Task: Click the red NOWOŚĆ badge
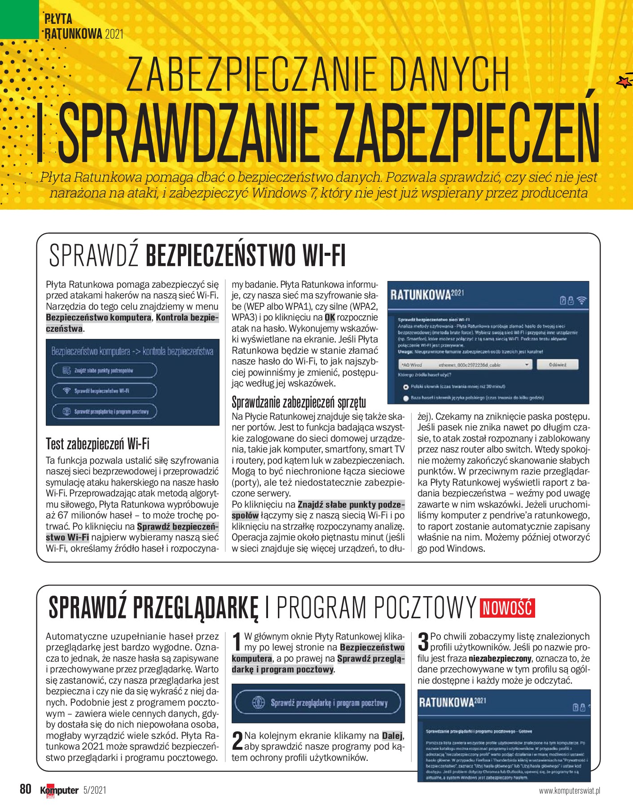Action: pyautogui.click(x=507, y=608)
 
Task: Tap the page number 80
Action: pyautogui.click(x=26, y=789)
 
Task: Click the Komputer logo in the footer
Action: pyautogui.click(x=59, y=790)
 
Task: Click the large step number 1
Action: pyautogui.click(x=238, y=642)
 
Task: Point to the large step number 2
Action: pyautogui.click(x=237, y=741)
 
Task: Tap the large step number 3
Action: pyautogui.click(x=423, y=641)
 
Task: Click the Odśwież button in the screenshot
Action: pyautogui.click(x=558, y=364)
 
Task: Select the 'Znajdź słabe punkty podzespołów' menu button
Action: pyautogui.click(x=104, y=370)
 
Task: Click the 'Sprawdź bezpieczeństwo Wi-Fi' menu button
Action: pyautogui.click(x=104, y=391)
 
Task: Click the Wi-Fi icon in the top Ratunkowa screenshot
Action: pyautogui.click(x=582, y=300)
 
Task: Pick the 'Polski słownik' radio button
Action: pyautogui.click(x=406, y=386)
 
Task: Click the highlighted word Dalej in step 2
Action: pyautogui.click(x=392, y=735)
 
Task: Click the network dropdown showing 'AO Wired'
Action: pyautogui.click(x=465, y=364)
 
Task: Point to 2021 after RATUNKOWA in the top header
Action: pyautogui.click(x=114, y=34)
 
